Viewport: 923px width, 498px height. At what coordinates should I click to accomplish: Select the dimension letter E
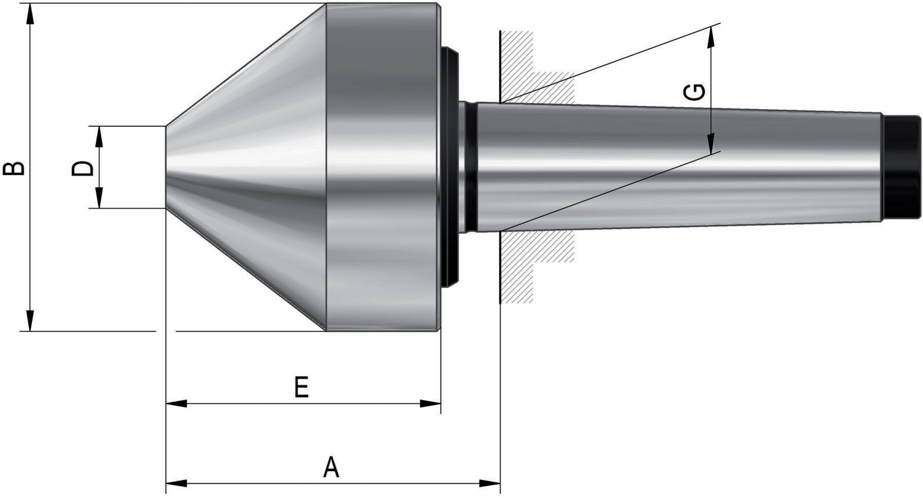[301, 387]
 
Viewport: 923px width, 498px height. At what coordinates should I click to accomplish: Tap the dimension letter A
[331, 468]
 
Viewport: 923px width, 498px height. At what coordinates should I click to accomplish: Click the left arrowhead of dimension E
[176, 403]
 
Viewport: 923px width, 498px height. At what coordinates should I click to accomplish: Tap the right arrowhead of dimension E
[431, 403]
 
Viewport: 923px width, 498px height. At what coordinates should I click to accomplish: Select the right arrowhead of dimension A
[490, 482]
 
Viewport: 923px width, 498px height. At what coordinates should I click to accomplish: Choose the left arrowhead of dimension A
[176, 482]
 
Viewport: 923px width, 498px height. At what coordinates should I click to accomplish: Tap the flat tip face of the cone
[167, 168]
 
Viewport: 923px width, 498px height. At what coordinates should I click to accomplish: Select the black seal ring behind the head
[450, 168]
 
